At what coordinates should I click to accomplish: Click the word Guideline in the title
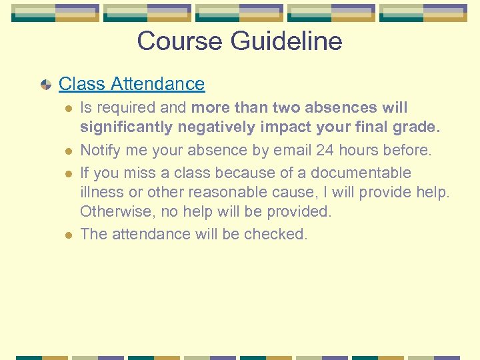click(x=287, y=41)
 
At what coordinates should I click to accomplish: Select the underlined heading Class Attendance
click(x=131, y=84)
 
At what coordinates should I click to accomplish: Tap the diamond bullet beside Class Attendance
click(x=45, y=85)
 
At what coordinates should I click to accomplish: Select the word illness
click(x=101, y=193)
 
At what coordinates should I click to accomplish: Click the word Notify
click(x=101, y=151)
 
